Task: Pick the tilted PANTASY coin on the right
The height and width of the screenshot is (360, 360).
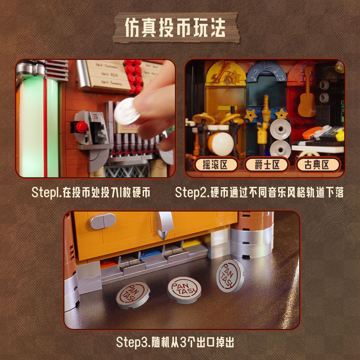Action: tap(229, 274)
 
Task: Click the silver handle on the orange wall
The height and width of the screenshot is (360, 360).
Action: tap(165, 223)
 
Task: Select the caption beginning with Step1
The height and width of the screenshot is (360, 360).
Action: tap(90, 193)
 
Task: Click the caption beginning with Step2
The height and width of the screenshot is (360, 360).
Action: tap(260, 193)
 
